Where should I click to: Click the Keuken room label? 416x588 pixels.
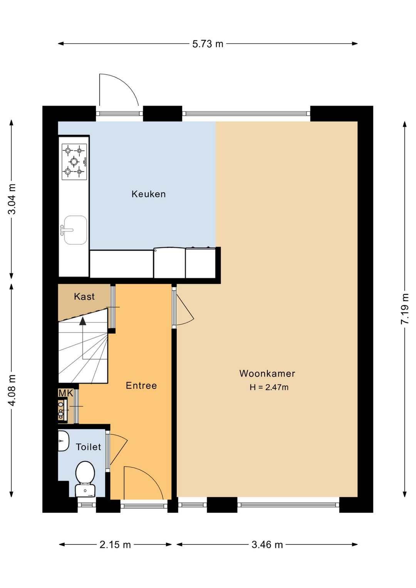coord(149,194)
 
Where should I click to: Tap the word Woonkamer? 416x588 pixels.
coord(267,373)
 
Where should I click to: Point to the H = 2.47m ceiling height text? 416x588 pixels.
coord(269,387)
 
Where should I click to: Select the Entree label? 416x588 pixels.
coord(141,386)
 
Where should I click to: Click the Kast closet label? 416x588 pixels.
coord(84,297)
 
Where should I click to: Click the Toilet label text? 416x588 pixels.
coord(89,447)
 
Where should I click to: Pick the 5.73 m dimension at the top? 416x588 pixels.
coord(208,44)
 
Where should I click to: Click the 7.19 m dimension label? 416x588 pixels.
coord(405,309)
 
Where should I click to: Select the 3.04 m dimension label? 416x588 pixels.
coord(12,199)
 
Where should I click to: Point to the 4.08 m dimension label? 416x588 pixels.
coord(12,390)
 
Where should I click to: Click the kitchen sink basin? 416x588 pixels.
coord(75,230)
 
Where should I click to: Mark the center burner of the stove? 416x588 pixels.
coord(74,161)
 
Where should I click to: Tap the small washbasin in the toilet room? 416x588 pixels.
coord(63,441)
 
